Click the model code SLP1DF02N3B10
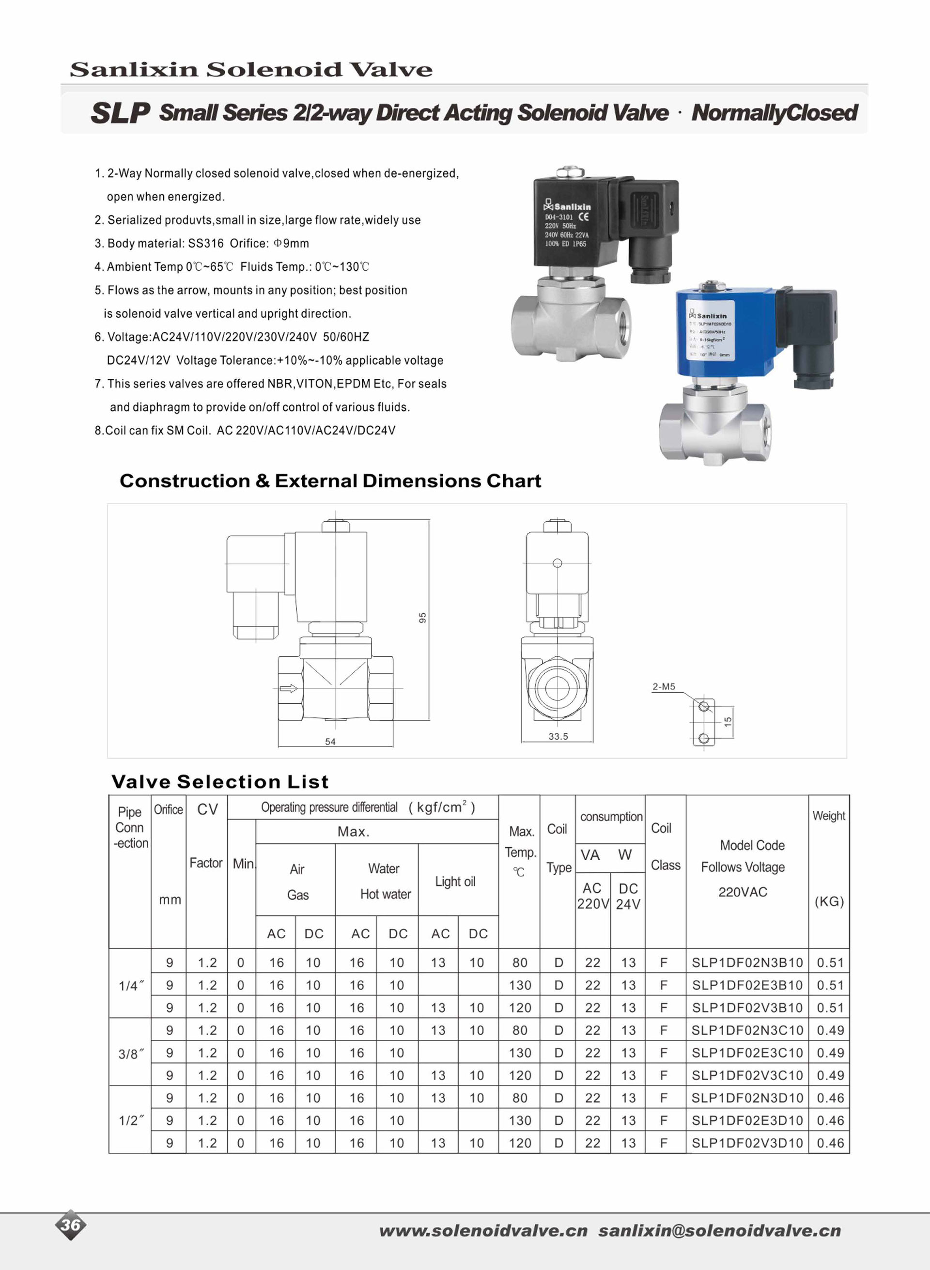coord(746,962)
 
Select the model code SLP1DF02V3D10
coord(746,1143)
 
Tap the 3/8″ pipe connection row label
coord(131,1054)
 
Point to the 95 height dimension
coord(422,618)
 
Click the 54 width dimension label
coord(330,742)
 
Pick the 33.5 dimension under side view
coord(558,736)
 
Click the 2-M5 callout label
coord(663,687)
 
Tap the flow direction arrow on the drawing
coord(288,688)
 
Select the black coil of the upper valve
coord(574,222)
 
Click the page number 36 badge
coord(71,1225)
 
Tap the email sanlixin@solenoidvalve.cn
coord(719,1231)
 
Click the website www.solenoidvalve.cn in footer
coord(483,1231)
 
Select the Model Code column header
coord(752,845)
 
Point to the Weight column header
coord(828,816)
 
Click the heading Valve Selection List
coord(219,781)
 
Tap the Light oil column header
coord(455,882)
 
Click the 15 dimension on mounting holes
coord(728,721)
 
